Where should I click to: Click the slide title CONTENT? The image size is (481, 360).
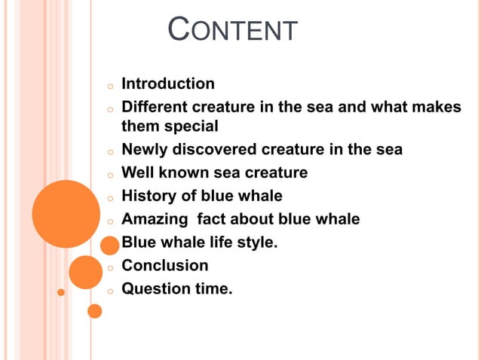(x=233, y=31)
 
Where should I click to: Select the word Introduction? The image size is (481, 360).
(x=168, y=84)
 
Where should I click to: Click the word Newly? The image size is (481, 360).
(x=144, y=150)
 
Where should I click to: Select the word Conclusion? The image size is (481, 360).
(x=165, y=265)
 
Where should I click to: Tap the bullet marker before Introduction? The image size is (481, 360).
(x=109, y=86)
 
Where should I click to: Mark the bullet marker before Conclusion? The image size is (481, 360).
(x=109, y=267)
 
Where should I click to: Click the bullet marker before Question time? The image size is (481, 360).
(x=109, y=291)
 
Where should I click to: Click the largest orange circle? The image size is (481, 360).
(x=66, y=214)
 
